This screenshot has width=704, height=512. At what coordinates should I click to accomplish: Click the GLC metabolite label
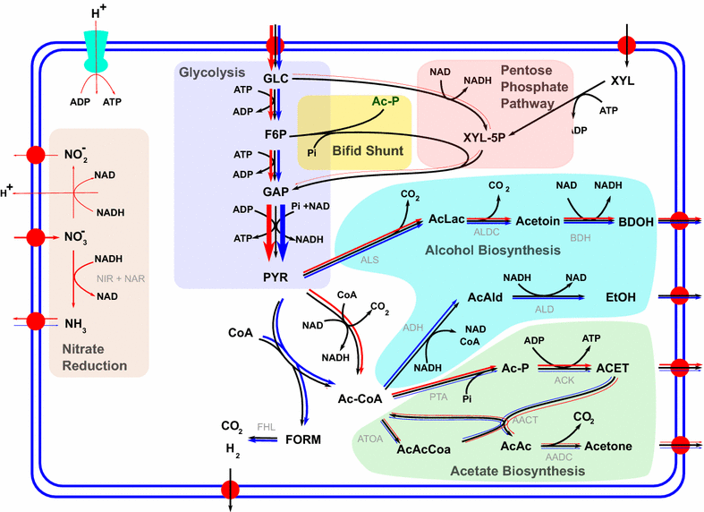(276, 80)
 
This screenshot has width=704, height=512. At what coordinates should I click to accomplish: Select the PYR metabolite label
(275, 277)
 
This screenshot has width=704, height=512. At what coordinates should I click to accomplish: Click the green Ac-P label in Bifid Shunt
(386, 101)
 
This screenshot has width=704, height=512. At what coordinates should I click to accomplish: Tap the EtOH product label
(622, 295)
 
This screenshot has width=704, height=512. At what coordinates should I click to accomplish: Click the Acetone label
(608, 446)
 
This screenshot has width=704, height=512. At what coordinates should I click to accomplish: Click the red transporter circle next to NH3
(36, 321)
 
